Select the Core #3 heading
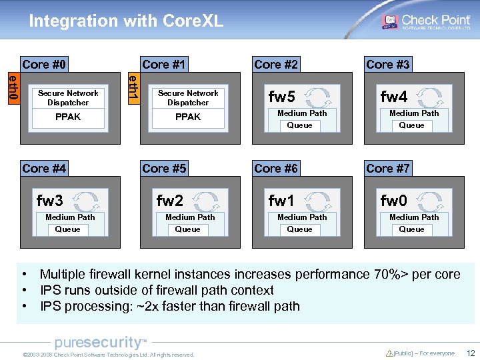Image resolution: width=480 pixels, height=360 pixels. pos(388,65)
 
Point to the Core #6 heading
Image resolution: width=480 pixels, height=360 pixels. pos(276,169)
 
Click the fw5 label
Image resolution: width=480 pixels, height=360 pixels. pos(281,97)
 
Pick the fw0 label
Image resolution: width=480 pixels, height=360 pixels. pos(393,201)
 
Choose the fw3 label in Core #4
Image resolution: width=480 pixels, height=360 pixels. pos(50,201)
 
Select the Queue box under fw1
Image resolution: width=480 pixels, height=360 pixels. pos(299,229)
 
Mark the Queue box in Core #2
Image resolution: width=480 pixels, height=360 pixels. pos(299,125)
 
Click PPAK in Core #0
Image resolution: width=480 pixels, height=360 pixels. pos(68,117)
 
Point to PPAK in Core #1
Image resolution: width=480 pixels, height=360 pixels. pos(188,117)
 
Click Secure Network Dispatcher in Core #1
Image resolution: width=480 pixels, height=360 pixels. pos(188,98)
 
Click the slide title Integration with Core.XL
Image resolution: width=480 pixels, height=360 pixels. pos(126,21)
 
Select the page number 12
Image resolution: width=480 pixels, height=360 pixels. pos(471,353)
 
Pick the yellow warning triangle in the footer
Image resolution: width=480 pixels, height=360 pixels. pos(389,353)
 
